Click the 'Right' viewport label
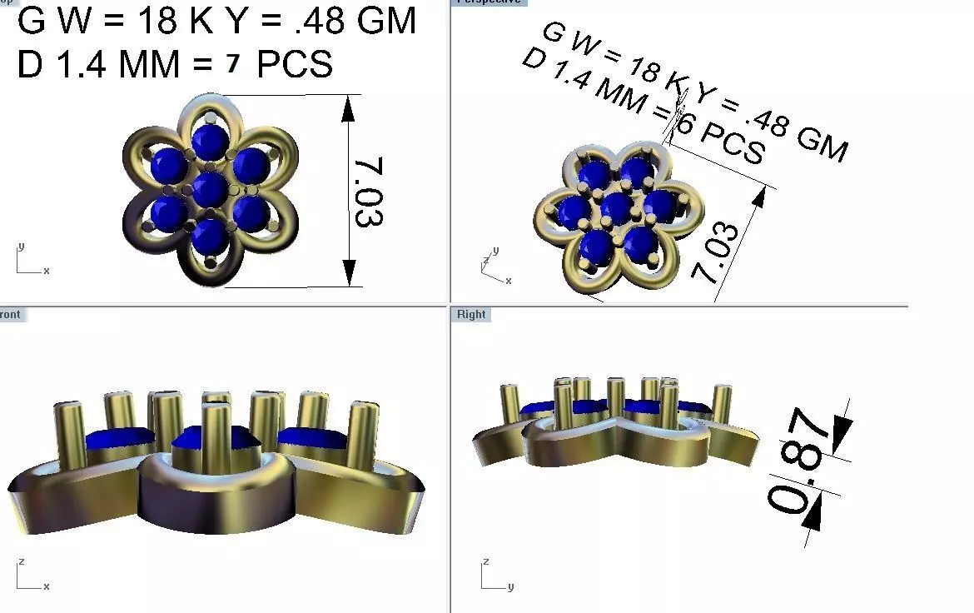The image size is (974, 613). tap(471, 315)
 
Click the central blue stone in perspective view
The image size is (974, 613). tap(617, 207)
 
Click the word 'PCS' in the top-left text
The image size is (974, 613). tap(295, 65)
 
